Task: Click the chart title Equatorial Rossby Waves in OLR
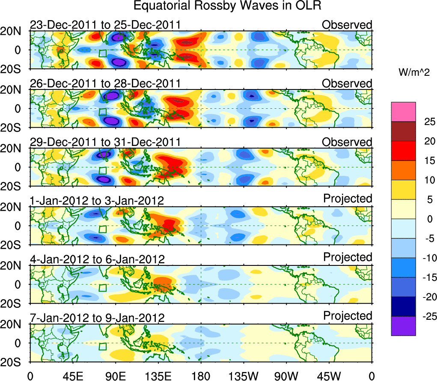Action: [x=227, y=6]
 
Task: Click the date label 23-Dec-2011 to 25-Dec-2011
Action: [x=105, y=25]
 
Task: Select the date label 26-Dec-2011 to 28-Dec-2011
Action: [x=105, y=83]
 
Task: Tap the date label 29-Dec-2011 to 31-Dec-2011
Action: [x=105, y=142]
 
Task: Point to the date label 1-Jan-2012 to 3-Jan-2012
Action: [x=97, y=200]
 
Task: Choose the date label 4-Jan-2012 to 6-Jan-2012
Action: [x=97, y=259]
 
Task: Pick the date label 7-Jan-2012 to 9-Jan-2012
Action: [x=97, y=318]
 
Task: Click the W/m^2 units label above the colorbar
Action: [x=413, y=73]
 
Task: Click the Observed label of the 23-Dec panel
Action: [x=347, y=25]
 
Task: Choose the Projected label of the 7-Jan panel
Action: [x=348, y=316]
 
